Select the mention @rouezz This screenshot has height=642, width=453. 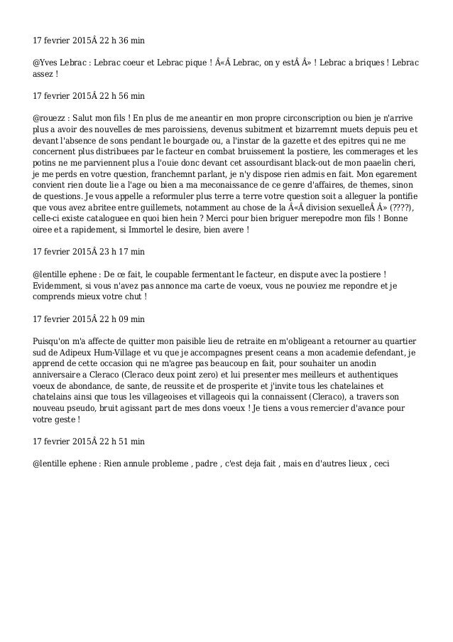pyautogui.click(x=51, y=116)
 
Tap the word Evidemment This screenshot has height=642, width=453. pyautogui.click(x=60, y=288)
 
